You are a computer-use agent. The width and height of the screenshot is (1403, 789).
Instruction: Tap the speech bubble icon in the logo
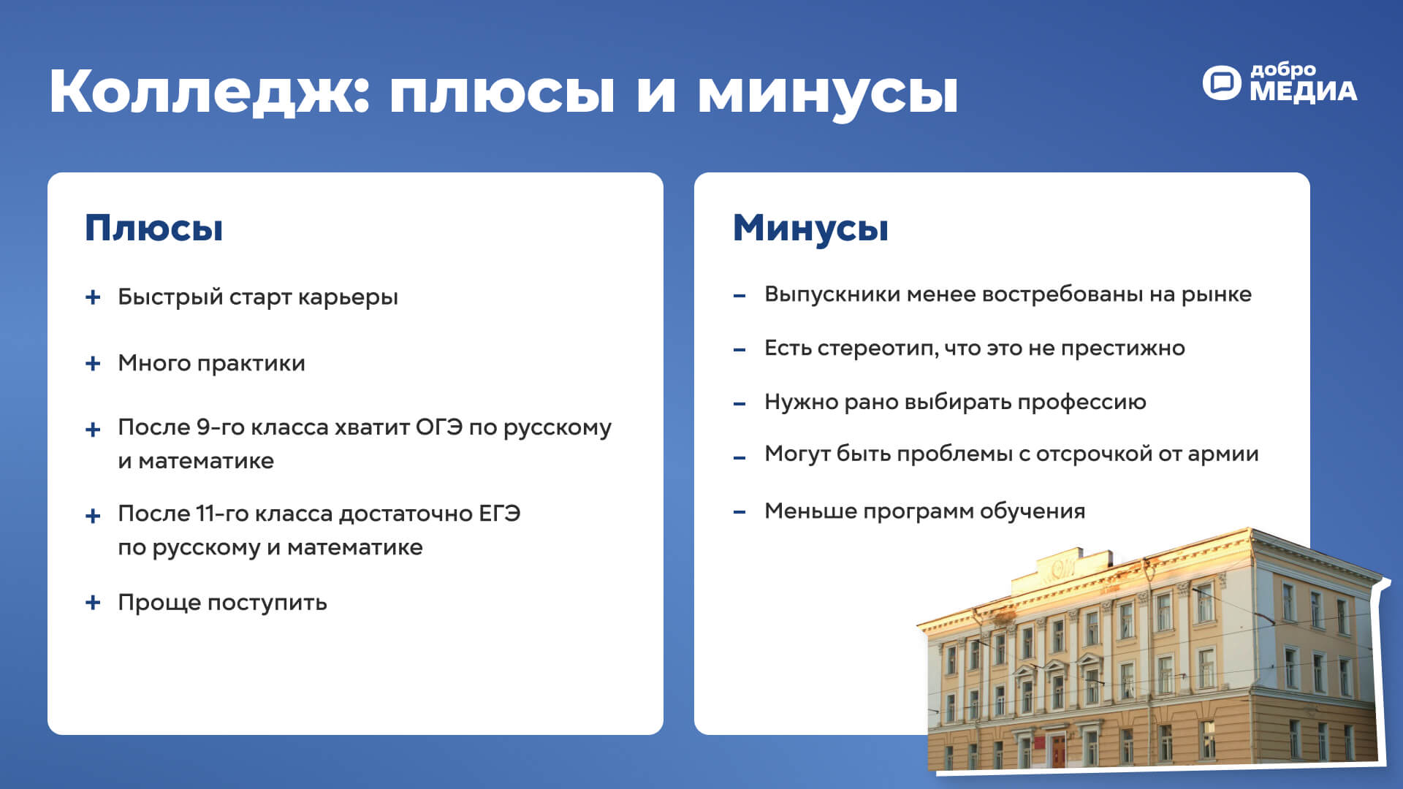pos(1222,83)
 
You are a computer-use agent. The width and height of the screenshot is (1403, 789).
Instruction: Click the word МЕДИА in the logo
pos(1303,91)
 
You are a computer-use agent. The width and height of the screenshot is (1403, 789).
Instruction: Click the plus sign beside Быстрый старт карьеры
pos(93,297)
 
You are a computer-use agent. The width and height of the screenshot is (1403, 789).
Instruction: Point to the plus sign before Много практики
pos(93,363)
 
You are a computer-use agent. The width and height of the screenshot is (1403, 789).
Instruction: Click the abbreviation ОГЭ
pos(439,427)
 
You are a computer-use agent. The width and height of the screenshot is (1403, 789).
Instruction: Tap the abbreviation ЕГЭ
pos(500,514)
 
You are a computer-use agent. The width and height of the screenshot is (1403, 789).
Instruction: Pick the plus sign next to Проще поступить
pos(93,603)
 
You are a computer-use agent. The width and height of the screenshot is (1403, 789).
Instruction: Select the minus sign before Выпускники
pos(739,296)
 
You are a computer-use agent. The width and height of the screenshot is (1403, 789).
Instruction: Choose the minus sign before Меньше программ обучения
pos(739,512)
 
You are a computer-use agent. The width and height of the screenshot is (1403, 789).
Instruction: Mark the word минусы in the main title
pos(827,93)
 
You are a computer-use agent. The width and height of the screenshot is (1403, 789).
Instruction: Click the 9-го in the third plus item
pos(221,427)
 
